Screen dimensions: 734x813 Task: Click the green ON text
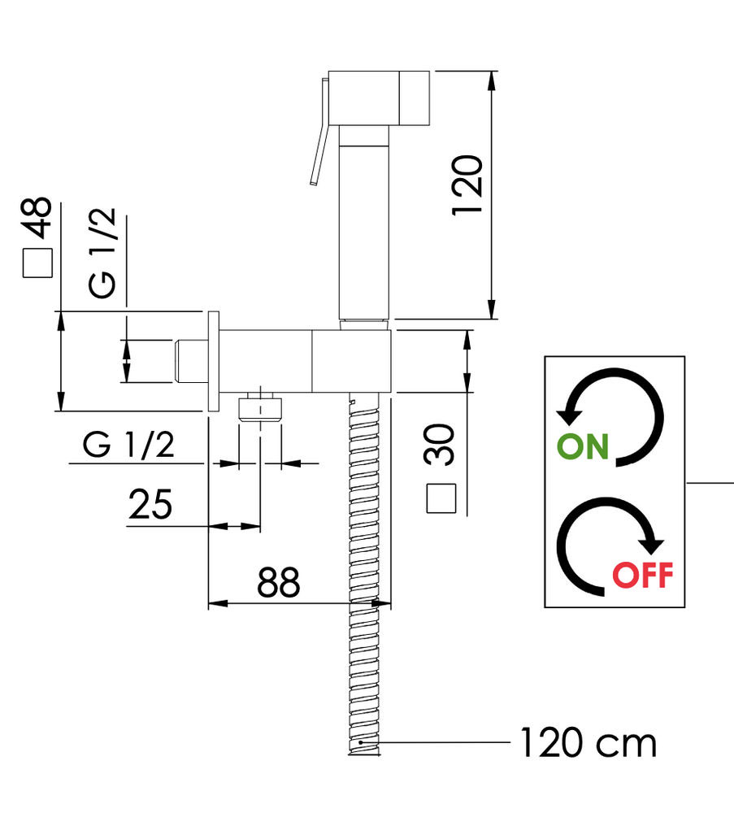[582, 446]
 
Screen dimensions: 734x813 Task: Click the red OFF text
[643, 575]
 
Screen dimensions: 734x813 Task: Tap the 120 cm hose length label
[588, 743]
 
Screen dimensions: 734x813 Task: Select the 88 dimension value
[278, 582]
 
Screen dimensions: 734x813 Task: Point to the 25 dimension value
[150, 504]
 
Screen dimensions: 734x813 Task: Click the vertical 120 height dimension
[467, 185]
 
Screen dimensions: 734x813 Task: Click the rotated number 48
[37, 218]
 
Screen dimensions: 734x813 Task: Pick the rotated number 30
[440, 445]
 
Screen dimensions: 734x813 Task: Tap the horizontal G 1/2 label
[128, 445]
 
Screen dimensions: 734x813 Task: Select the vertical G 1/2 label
[102, 253]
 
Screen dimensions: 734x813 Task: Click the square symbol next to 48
[38, 263]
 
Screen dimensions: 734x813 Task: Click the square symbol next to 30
[441, 498]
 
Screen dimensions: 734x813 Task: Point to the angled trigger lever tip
[314, 181]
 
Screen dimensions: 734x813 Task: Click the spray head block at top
[379, 98]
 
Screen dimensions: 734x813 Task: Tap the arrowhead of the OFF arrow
[651, 546]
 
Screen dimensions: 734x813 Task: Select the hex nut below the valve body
[260, 409]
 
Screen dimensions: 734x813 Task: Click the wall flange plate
[213, 361]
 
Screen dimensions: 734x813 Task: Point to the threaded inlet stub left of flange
[191, 362]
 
